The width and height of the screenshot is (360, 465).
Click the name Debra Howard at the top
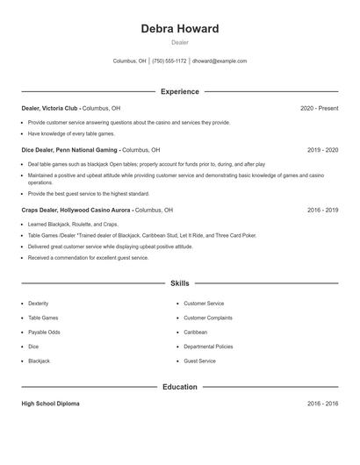coord(179,29)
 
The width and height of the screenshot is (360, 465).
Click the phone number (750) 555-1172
coord(169,61)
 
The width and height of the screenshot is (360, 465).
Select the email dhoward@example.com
coord(220,61)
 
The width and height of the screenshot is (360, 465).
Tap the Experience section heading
coord(179,91)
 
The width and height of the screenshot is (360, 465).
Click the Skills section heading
coord(179,283)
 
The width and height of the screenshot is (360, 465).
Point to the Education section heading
coord(179,387)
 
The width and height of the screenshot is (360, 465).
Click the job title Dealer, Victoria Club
coord(49,108)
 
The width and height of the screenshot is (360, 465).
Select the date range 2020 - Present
coord(319,108)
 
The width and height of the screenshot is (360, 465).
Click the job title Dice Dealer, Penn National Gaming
coord(69,150)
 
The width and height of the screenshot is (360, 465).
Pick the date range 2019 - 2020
coord(322,150)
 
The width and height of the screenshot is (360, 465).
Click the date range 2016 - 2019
coord(322,211)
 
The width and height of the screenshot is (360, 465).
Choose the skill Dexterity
coord(39,303)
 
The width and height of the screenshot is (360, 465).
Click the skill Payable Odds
coord(44,332)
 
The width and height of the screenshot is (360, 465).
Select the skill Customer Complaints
coord(208,318)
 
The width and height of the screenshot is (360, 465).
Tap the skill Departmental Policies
coord(208,347)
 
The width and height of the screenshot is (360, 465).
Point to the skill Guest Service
coord(199,361)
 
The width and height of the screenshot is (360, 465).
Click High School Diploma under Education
coord(50,404)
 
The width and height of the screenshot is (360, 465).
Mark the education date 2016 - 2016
coord(322,404)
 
